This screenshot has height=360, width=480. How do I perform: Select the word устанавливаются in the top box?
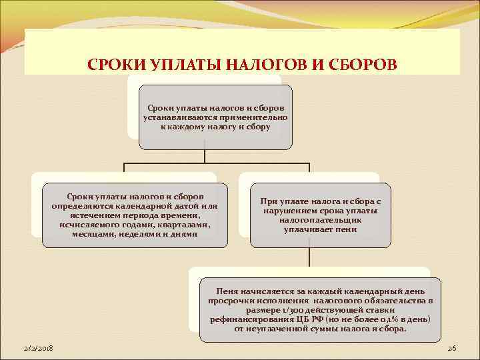pos(176,117)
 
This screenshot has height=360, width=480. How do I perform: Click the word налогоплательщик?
pos(311,220)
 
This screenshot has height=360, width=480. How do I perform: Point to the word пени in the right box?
pos(347,229)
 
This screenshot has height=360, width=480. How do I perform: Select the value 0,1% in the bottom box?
pos(386,319)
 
